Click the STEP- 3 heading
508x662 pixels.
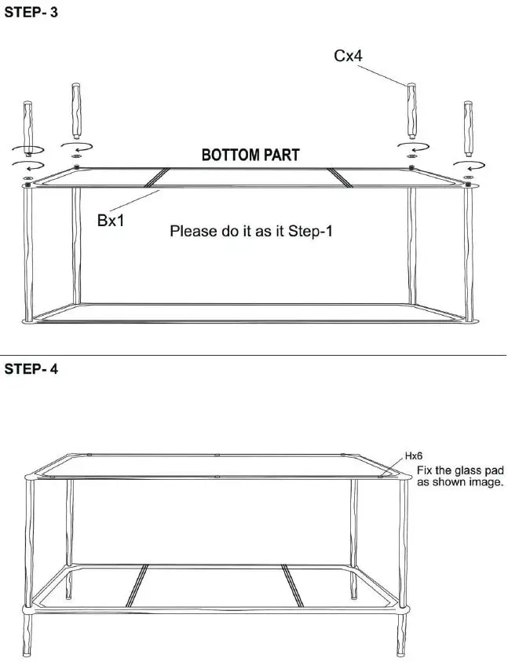(x=31, y=14)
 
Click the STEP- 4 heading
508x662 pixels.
(x=31, y=369)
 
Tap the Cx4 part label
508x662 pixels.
(x=348, y=57)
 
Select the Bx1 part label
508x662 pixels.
(x=111, y=221)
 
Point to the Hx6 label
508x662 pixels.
(x=414, y=455)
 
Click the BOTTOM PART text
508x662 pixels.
(x=250, y=155)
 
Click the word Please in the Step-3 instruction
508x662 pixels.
(x=193, y=232)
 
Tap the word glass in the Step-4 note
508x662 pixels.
(x=466, y=470)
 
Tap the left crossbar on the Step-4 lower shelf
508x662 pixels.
(x=139, y=585)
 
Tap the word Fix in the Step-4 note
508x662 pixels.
(x=424, y=470)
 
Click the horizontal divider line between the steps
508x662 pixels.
(x=254, y=355)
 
